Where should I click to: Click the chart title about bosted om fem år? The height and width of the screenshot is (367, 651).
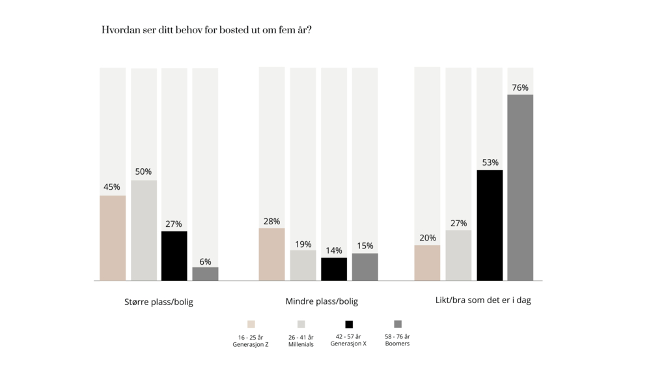pyautogui.click(x=206, y=30)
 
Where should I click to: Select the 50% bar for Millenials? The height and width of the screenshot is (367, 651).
pyautogui.click(x=144, y=230)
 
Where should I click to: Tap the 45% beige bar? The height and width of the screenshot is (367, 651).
pyautogui.click(x=113, y=238)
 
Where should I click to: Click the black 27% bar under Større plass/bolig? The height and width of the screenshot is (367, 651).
pyautogui.click(x=174, y=256)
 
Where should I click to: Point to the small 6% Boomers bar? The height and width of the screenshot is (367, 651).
pyautogui.click(x=205, y=274)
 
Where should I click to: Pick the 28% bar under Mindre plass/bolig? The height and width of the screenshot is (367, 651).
pyautogui.click(x=271, y=254)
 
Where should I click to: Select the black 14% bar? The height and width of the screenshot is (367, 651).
pyautogui.click(x=334, y=269)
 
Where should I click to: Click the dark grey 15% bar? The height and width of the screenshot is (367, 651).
pyautogui.click(x=365, y=267)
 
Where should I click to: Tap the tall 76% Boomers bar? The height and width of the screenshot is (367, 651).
pyautogui.click(x=520, y=188)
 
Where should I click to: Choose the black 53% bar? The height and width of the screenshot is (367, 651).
pyautogui.click(x=490, y=225)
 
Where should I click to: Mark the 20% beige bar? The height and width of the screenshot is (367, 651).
pyautogui.click(x=427, y=263)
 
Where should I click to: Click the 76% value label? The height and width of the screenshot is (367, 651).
pyautogui.click(x=520, y=87)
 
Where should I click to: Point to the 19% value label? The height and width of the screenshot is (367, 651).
pyautogui.click(x=303, y=244)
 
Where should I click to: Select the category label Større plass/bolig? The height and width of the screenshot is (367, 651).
pyautogui.click(x=159, y=302)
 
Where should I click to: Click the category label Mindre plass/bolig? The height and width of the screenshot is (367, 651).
pyautogui.click(x=322, y=301)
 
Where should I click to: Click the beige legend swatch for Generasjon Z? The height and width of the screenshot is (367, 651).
pyautogui.click(x=251, y=324)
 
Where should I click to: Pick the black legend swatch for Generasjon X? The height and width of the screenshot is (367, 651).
pyautogui.click(x=349, y=324)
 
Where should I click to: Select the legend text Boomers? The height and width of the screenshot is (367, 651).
pyautogui.click(x=397, y=344)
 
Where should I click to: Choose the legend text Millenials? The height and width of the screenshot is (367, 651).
pyautogui.click(x=301, y=344)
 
